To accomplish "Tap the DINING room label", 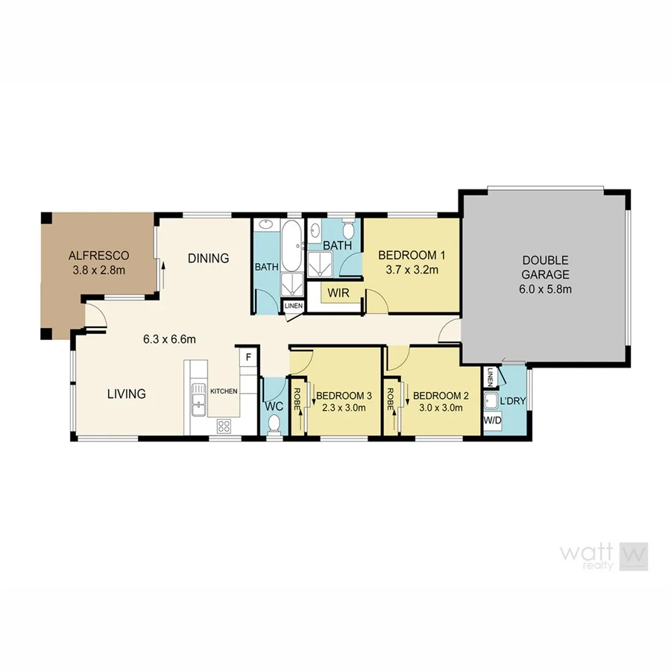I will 208,259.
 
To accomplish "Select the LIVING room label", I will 126,394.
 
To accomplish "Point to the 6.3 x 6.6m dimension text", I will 169,340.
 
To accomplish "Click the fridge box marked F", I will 248,357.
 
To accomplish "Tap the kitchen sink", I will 198,398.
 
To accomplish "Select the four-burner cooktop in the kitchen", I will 224,425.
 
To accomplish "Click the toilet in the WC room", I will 274,423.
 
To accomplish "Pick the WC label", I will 273,407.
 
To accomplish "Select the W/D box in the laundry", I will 492,421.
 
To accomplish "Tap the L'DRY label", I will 512,401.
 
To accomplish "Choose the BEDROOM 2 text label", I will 441,395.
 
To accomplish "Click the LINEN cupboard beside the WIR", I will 292,306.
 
